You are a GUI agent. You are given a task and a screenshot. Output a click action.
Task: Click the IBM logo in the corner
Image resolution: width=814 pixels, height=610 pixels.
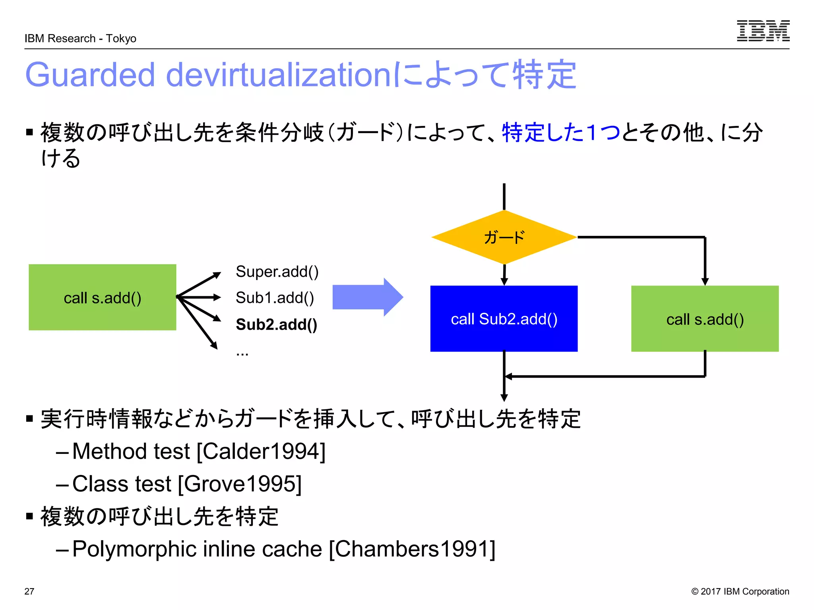pos(763,31)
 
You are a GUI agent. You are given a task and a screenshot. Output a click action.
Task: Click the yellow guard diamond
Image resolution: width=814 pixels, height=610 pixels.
pos(504,237)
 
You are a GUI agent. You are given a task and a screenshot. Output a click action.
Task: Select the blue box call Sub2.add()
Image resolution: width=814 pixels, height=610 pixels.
pos(504,319)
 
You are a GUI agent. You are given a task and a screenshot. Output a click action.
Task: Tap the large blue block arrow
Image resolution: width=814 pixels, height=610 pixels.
pos(367,297)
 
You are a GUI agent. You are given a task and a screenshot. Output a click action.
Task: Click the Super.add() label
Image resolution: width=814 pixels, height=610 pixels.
pos(277,272)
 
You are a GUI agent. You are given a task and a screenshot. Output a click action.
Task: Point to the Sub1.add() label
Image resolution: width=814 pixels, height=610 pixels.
pos(275,298)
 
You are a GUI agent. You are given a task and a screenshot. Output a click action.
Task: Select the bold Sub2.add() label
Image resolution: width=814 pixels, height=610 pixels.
pos(276,324)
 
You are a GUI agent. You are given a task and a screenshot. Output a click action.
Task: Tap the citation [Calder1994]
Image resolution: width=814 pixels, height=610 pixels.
pos(261,452)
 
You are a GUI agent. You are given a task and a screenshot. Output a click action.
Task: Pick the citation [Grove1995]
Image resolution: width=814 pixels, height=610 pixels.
pos(240,484)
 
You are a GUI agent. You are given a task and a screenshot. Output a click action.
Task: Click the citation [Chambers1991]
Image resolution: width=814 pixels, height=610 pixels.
pos(412,549)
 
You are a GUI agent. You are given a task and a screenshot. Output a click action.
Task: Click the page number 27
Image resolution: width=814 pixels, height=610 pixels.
pos(29,591)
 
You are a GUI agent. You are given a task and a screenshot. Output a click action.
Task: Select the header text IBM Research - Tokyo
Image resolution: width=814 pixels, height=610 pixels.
pos(80,39)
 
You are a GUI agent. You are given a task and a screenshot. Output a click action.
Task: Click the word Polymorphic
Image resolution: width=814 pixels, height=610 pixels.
pos(135,549)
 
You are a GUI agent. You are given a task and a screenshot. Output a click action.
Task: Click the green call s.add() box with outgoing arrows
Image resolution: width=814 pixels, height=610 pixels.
pos(102,297)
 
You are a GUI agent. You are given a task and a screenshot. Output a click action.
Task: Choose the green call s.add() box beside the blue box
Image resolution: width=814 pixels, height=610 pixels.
pos(704,319)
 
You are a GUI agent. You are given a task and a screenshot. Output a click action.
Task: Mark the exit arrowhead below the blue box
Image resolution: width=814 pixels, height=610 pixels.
pos(504,398)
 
